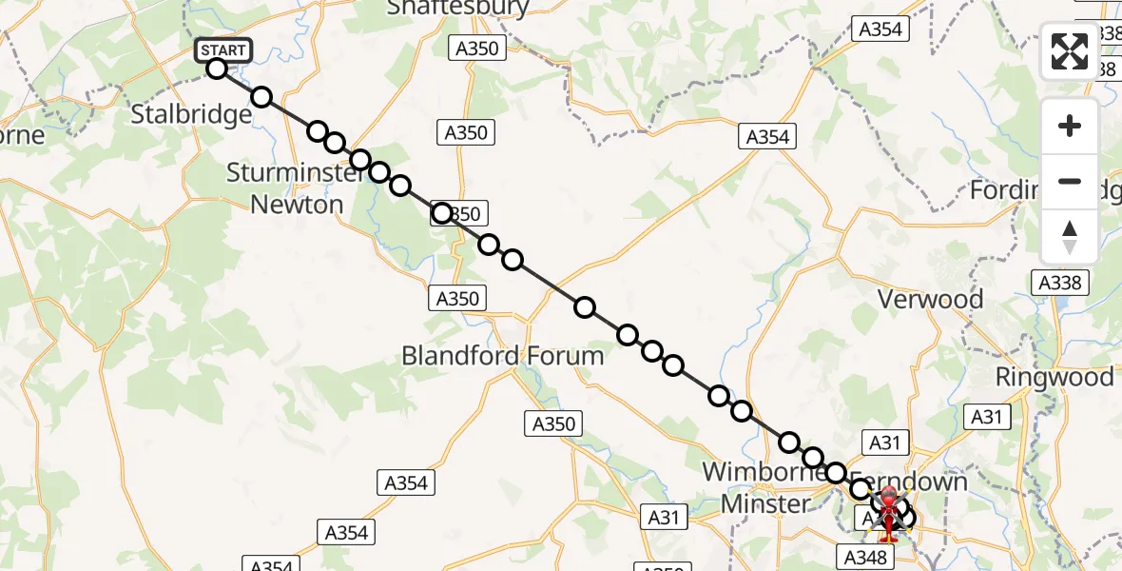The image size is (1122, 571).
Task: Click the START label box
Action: tap(223, 50)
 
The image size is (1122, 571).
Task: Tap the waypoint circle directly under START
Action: tap(217, 69)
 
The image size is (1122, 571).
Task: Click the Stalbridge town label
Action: tap(191, 115)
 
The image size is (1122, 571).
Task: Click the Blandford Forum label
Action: tap(502, 356)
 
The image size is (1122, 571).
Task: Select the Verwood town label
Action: tap(930, 300)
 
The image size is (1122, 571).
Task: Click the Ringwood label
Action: tap(1054, 377)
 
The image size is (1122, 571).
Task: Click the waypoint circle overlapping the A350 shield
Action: tap(442, 212)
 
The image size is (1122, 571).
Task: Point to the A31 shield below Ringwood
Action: tap(988, 416)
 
